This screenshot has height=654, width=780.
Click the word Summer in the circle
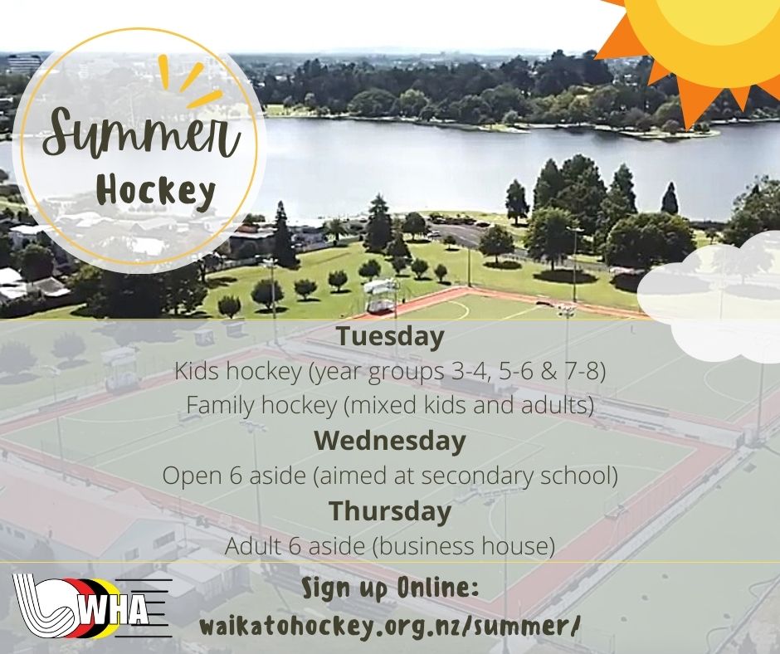point(142,131)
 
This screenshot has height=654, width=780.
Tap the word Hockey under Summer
point(156,192)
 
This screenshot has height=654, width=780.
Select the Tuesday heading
point(391,337)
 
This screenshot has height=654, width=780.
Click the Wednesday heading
point(390,441)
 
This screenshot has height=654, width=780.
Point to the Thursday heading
point(390,511)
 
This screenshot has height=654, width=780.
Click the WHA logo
point(93,606)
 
